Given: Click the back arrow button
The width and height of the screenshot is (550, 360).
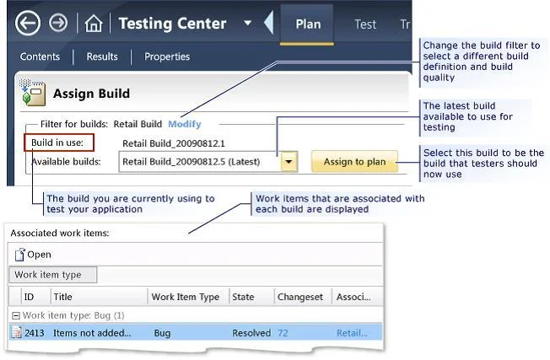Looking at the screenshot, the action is [x=28, y=23].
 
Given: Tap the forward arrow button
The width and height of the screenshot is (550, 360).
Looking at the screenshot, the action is [x=58, y=23].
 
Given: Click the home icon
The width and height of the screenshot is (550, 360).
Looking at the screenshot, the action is [x=94, y=24].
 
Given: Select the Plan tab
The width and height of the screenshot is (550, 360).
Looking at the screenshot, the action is [x=308, y=24].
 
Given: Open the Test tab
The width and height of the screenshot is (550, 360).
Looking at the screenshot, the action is [x=365, y=24].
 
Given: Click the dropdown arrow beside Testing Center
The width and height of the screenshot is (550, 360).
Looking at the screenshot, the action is [x=248, y=23].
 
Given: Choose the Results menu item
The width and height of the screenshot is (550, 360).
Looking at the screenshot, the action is [x=102, y=56].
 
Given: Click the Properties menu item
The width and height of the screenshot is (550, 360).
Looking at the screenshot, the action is [x=167, y=56].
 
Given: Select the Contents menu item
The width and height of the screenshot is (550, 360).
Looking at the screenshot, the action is [x=40, y=56].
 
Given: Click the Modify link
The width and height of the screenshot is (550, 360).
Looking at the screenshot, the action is [x=185, y=124].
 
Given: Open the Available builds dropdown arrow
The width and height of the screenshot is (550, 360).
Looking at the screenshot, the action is [x=289, y=162].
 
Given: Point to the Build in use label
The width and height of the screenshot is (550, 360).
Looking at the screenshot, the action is [x=57, y=142].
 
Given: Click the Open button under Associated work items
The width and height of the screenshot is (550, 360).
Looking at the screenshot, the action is [x=33, y=255].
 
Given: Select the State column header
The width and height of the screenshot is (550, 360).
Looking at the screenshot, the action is [x=243, y=297].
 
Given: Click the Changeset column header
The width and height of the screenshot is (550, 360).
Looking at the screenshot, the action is [x=300, y=297].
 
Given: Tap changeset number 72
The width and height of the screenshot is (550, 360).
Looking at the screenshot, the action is [x=283, y=333].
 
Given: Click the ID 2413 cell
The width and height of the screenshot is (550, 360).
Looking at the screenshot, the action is [x=35, y=333].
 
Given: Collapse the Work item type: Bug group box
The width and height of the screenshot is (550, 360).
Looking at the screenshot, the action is [x=16, y=316].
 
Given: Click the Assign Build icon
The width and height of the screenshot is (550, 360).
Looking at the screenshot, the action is [x=32, y=93].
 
